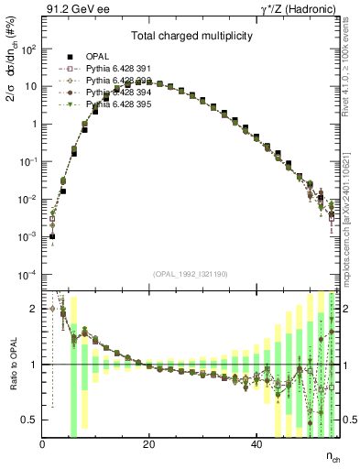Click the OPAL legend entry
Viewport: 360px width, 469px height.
[97, 56]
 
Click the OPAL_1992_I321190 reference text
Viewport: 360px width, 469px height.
[191, 274]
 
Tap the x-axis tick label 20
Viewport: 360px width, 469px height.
[149, 444]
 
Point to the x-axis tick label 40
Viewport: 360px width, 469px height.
[256, 444]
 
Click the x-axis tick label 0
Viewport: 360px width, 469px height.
[43, 444]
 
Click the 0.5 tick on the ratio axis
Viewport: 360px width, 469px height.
[30, 420]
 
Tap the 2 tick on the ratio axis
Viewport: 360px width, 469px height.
[35, 309]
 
